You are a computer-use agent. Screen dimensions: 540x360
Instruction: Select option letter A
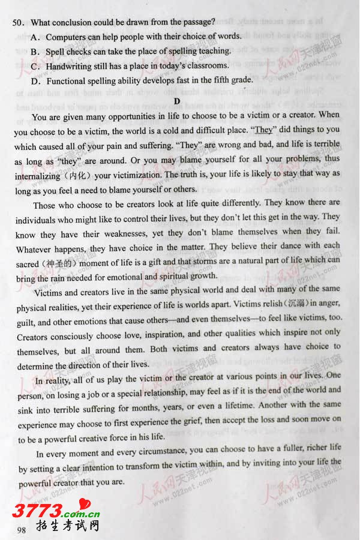[35, 37]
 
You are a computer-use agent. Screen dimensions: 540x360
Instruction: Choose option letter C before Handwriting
[35, 66]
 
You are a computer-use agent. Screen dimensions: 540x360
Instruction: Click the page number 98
[22, 529]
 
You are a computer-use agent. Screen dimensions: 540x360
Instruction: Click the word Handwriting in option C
[73, 66]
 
